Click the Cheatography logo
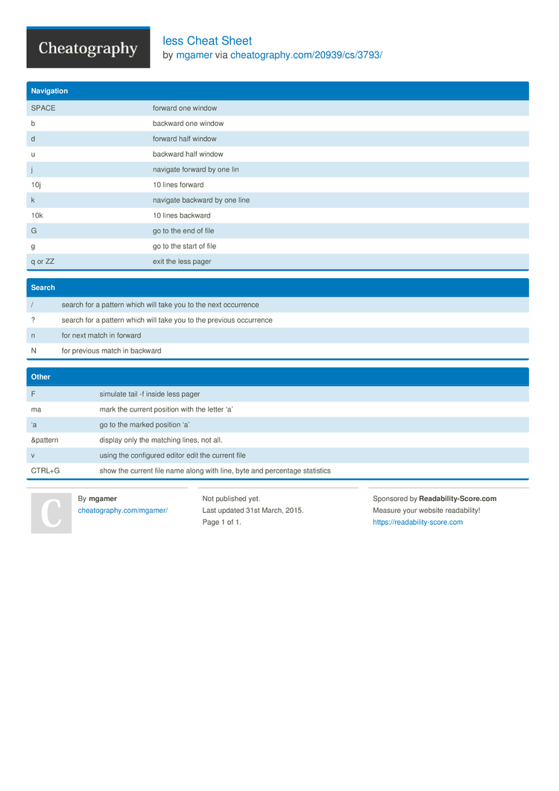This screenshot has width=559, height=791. tap(88, 48)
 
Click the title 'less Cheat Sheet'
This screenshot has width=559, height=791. tap(207, 41)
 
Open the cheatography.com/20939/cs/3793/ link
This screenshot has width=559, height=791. tap(306, 55)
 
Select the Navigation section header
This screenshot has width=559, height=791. tap(49, 91)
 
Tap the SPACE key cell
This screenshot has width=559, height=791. tap(43, 108)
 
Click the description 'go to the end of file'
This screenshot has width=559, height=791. tap(183, 231)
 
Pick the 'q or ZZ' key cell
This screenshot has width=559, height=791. tap(42, 262)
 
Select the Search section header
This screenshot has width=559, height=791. tap(43, 287)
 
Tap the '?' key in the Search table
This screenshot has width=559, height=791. tap(34, 320)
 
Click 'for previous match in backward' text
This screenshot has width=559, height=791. tap(111, 350)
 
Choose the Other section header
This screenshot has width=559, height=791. tap(41, 377)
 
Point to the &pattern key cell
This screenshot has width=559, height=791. tap(45, 440)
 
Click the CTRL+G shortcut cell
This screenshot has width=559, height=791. tap(45, 470)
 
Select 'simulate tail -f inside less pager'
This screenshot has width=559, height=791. tap(150, 394)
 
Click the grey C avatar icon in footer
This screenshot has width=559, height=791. tap(51, 513)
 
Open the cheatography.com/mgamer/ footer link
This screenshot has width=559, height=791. tap(122, 510)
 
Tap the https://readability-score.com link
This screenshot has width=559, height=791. tap(417, 522)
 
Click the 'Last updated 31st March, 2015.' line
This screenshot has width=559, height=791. tap(253, 510)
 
